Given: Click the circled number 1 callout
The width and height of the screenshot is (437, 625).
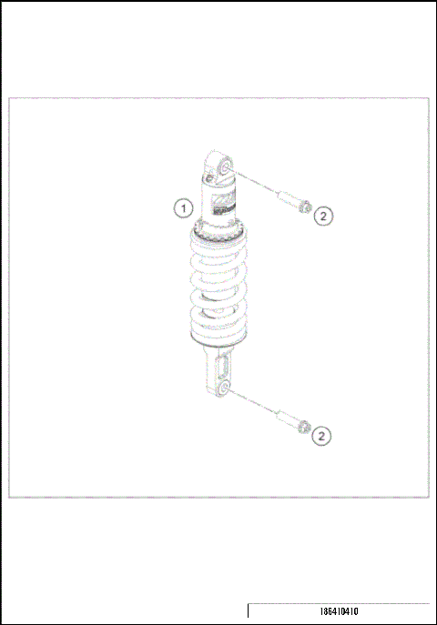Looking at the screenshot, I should pyautogui.click(x=184, y=207).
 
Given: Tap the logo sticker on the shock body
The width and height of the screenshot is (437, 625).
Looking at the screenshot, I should pyautogui.click(x=222, y=207).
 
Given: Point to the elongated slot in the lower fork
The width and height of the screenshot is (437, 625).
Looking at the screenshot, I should pyautogui.click(x=219, y=368).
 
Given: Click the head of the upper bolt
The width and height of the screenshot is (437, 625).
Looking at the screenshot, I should pyautogui.click(x=304, y=206).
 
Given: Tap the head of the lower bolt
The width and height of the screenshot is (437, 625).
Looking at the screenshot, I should pyautogui.click(x=304, y=427).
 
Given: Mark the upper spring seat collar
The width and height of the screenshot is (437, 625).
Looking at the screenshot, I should pyautogui.click(x=217, y=229).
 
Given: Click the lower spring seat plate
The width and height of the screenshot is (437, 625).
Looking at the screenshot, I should pyautogui.click(x=217, y=344).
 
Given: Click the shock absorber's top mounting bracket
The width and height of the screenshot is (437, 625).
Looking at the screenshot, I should pyautogui.click(x=218, y=168).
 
